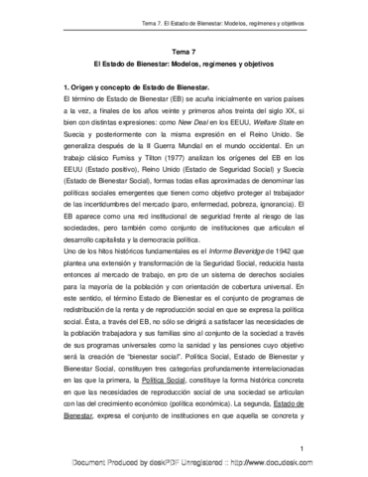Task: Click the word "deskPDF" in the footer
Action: click(143, 465)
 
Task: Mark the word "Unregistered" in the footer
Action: click(193, 465)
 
